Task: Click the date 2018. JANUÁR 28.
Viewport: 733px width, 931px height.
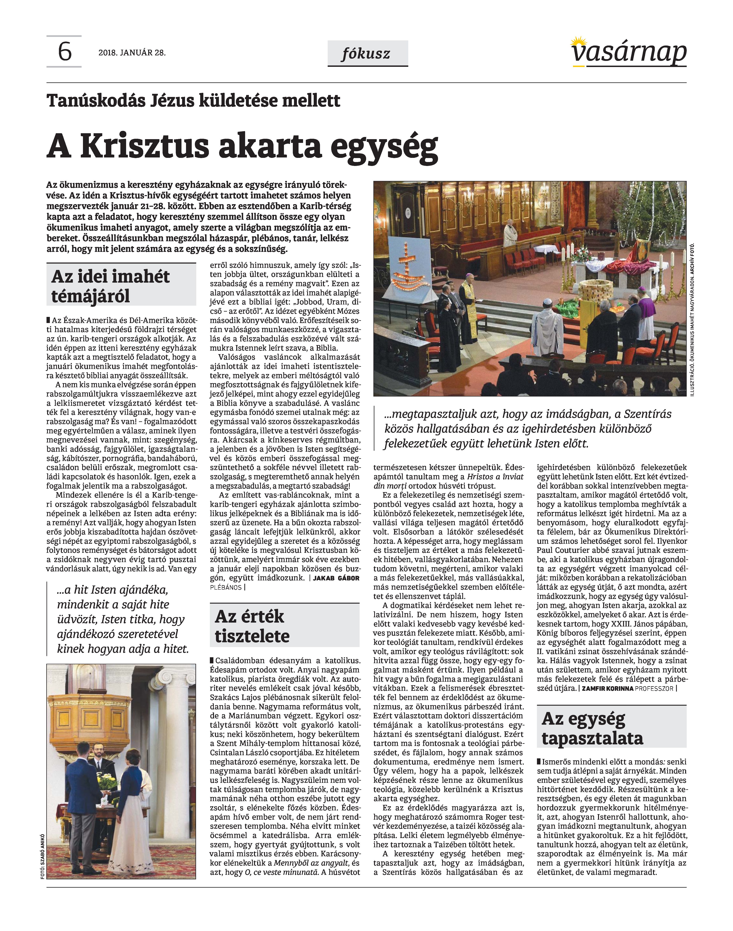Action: [132, 53]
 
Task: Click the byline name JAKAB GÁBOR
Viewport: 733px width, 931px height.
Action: [336, 578]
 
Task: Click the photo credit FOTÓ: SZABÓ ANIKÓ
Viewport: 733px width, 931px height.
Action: [43, 857]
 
